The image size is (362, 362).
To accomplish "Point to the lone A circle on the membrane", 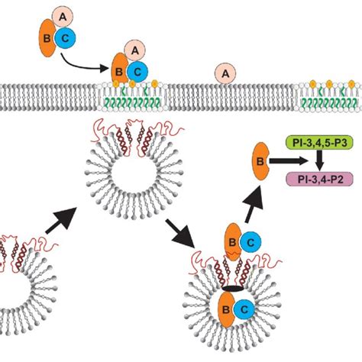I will point(225,73).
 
